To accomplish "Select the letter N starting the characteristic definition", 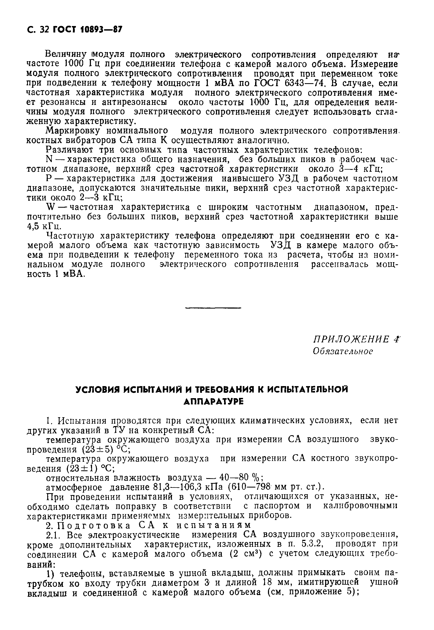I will [x=49, y=159].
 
